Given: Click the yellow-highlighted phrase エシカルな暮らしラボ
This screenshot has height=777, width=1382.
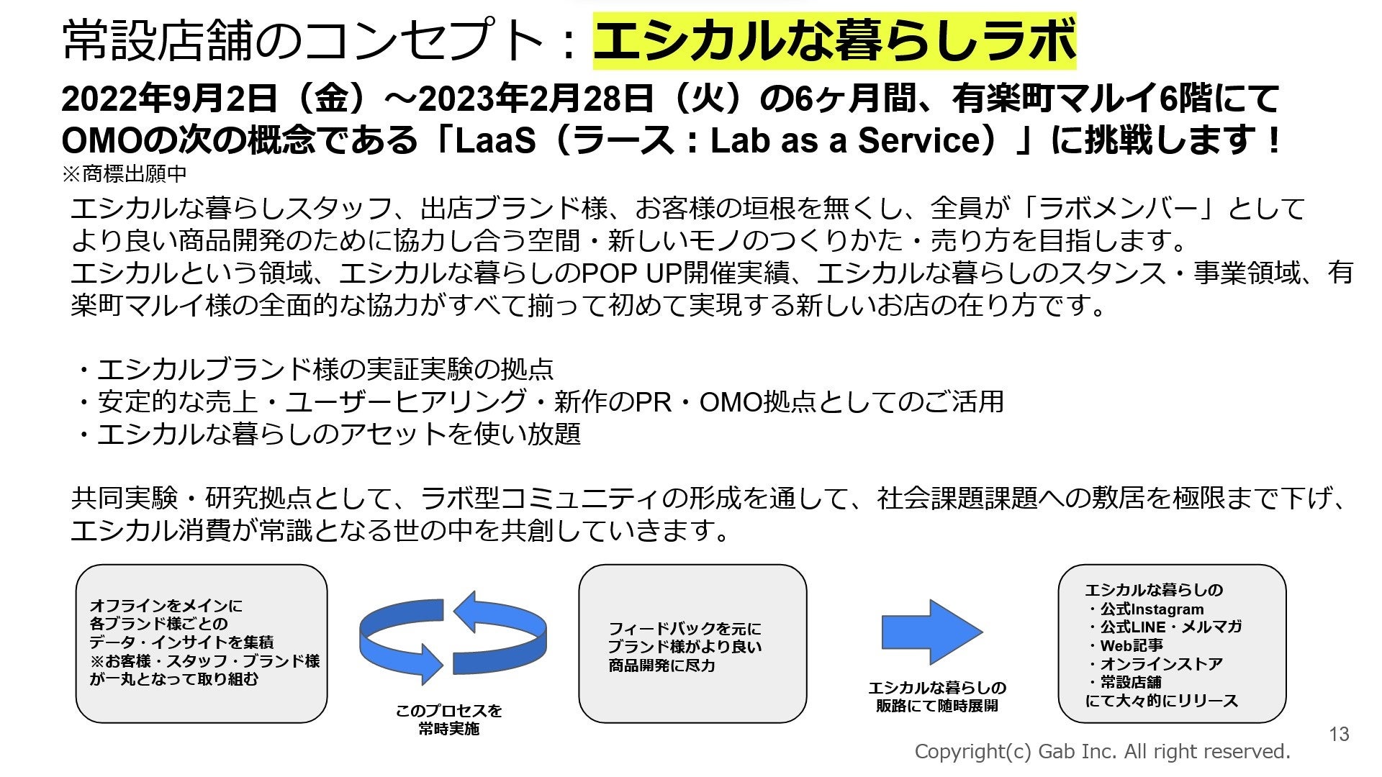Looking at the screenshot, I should point(834,40).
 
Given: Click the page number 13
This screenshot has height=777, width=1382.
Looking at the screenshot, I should point(1339,734).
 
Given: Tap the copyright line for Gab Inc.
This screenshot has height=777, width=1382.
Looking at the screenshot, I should point(1102,752).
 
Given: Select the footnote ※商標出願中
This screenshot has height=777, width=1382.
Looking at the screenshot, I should point(125,173).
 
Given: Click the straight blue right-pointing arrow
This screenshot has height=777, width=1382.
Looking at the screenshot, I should point(931,632).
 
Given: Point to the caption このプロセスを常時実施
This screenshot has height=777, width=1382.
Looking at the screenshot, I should point(448,719).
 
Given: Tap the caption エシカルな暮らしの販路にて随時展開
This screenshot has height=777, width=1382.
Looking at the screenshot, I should point(936,696).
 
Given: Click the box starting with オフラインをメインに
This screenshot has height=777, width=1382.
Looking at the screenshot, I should point(202,642).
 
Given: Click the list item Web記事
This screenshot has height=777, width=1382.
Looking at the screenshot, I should point(1129,645).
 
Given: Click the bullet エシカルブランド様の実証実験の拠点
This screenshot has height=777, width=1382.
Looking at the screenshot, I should point(317,369).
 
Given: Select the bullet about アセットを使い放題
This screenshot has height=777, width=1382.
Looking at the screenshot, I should point(330,434).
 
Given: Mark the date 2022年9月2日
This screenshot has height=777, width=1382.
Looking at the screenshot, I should point(169,99).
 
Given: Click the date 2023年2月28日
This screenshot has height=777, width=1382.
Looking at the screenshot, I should point(536,99).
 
